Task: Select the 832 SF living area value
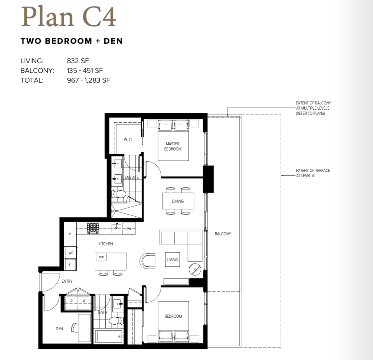point(78,61)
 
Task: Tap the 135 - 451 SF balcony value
point(85,70)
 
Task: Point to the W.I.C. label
point(128,140)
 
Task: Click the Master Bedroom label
point(173,147)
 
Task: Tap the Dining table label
point(178,201)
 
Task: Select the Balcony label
point(223,234)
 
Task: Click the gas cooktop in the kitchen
point(93,228)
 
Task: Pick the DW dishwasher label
point(129,229)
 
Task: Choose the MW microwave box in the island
point(101,257)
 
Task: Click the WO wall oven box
point(71,253)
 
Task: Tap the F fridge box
point(70,265)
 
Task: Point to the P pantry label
point(70,234)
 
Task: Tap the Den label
point(59,329)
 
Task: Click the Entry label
point(67,281)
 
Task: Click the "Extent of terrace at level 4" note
point(313,173)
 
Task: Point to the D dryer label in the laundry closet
point(71,301)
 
